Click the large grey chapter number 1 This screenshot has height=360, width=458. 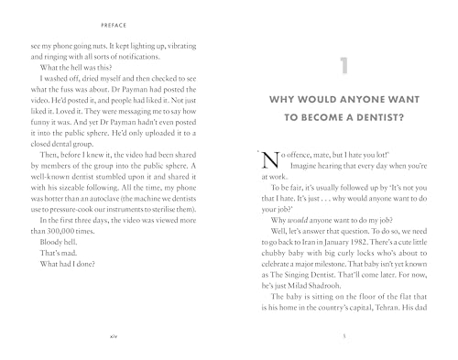341,66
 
